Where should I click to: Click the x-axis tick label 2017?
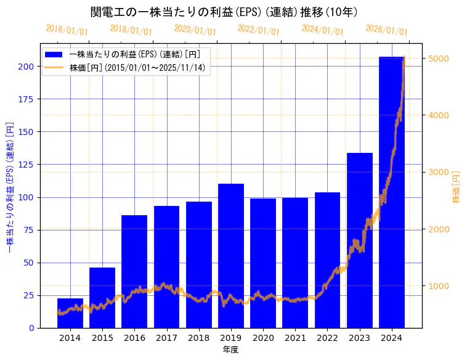[166, 338]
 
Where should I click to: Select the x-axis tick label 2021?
[295, 338]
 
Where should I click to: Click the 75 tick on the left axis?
[28, 230]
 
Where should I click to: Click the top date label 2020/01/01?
[195, 30]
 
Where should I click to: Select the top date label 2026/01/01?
[386, 30]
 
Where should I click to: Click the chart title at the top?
[224, 12]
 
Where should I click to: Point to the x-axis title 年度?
[230, 350]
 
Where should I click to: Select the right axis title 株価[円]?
[457, 187]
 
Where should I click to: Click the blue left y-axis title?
[10, 187]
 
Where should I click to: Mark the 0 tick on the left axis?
[31, 328]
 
